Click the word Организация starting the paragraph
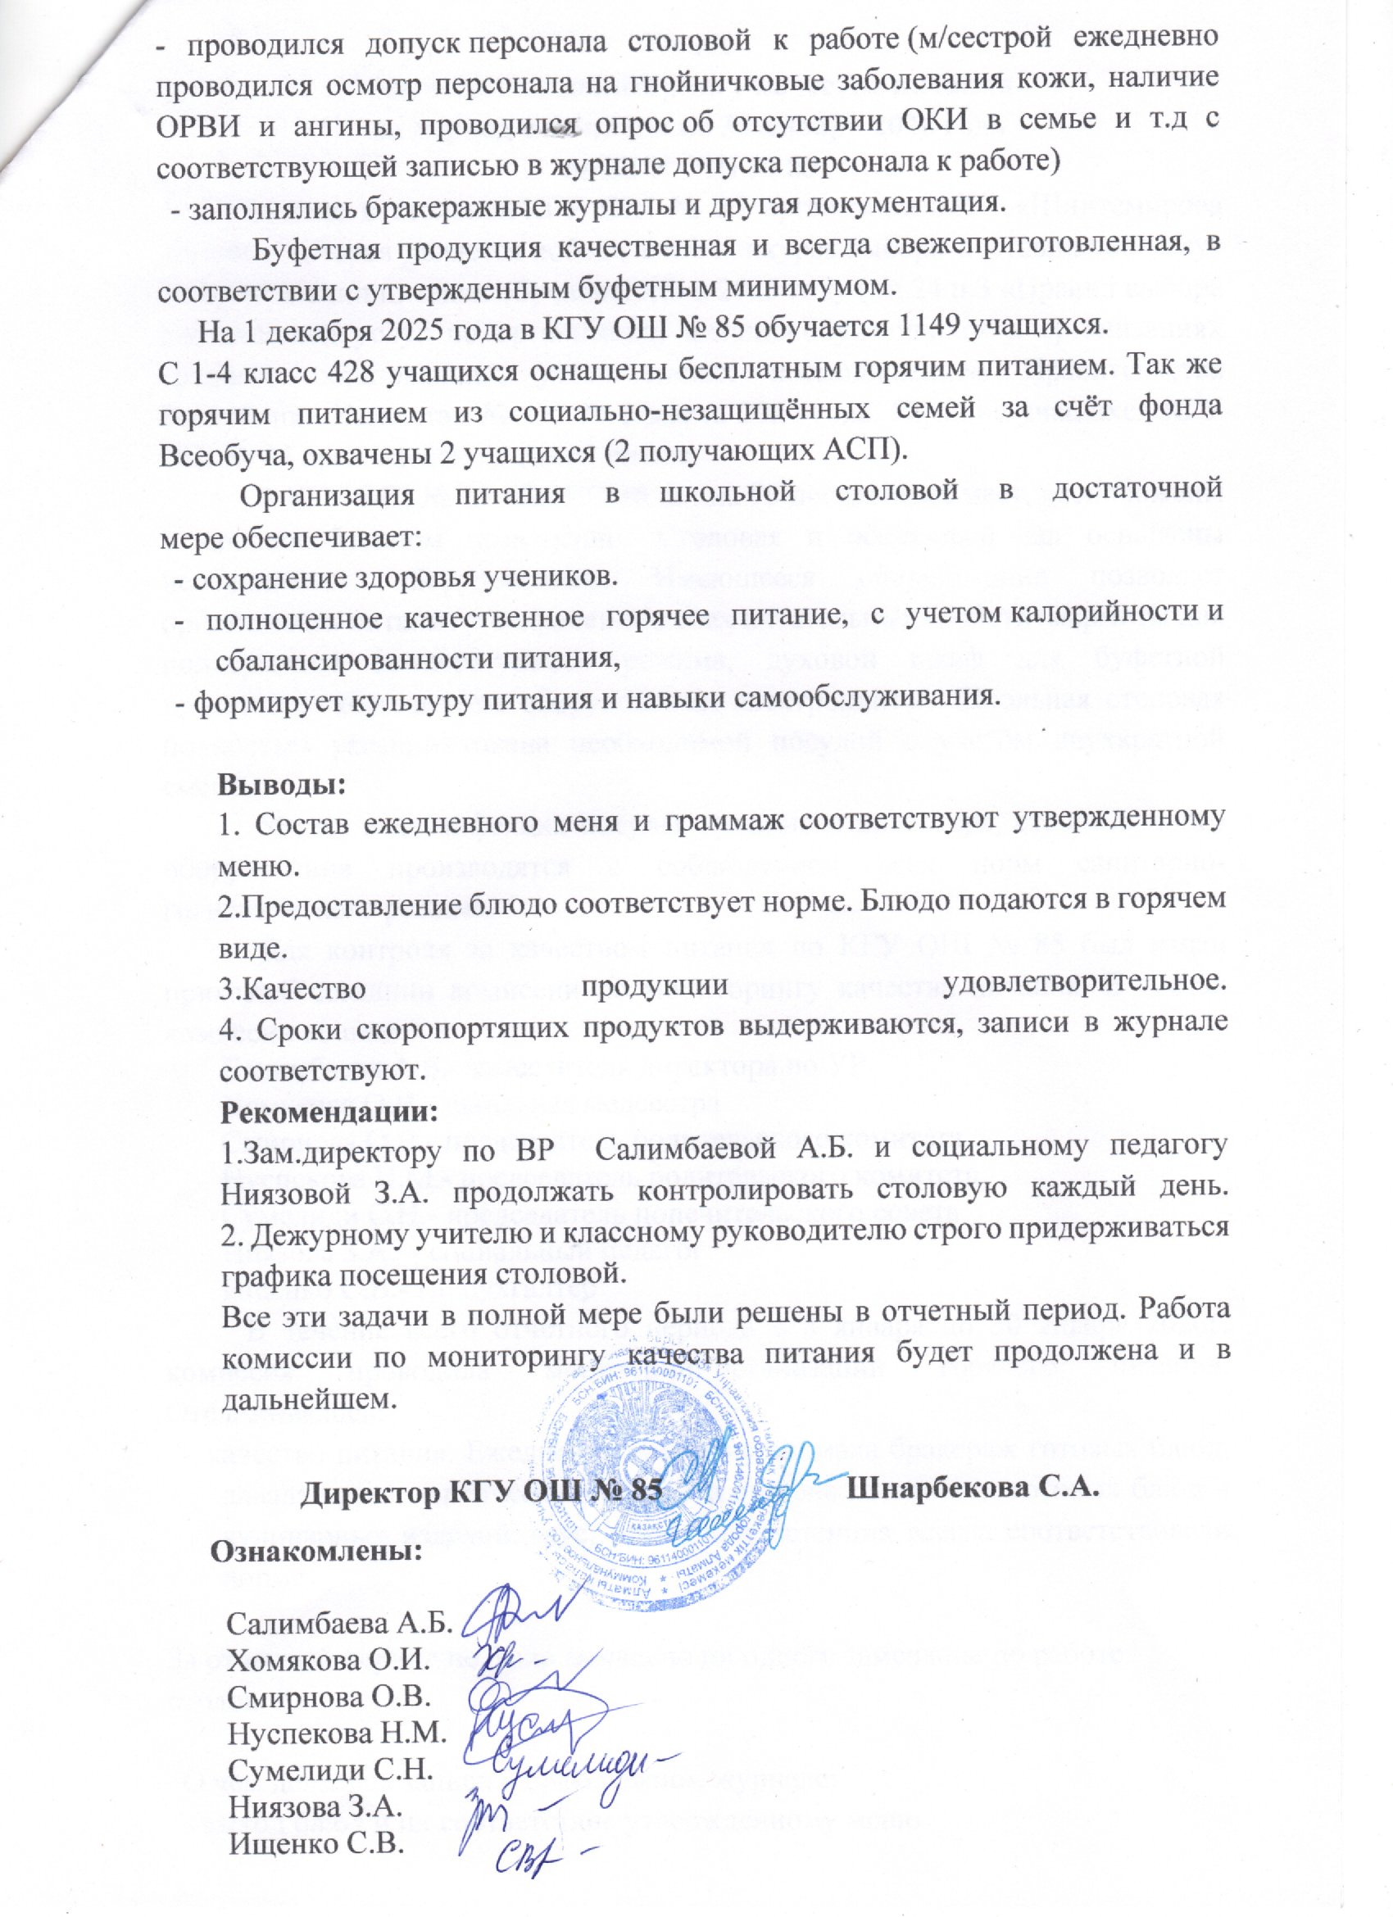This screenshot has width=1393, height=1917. click(x=328, y=496)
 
